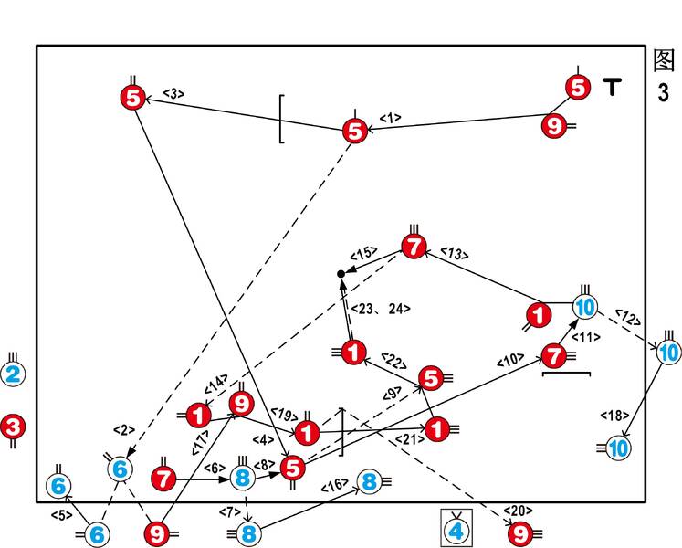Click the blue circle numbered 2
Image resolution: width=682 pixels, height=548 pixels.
coord(13,374)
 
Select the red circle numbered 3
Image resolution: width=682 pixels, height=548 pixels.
coord(13,425)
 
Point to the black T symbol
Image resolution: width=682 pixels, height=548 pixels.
coord(613,88)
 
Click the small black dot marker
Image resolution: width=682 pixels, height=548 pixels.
coord(341,273)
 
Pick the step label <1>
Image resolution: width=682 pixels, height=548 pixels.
coord(390,118)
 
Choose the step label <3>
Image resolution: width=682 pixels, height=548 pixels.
coord(173,92)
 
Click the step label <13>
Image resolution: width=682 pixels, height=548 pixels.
coord(453,250)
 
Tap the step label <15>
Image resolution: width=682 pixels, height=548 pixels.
coord(364,255)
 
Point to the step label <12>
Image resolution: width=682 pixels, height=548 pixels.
coord(627,317)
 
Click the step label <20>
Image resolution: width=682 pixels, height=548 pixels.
coord(519,511)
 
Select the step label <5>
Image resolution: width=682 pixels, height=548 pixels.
coord(61,516)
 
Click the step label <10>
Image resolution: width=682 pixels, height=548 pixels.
coord(509,362)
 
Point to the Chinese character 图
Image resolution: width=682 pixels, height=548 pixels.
coord(664,61)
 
